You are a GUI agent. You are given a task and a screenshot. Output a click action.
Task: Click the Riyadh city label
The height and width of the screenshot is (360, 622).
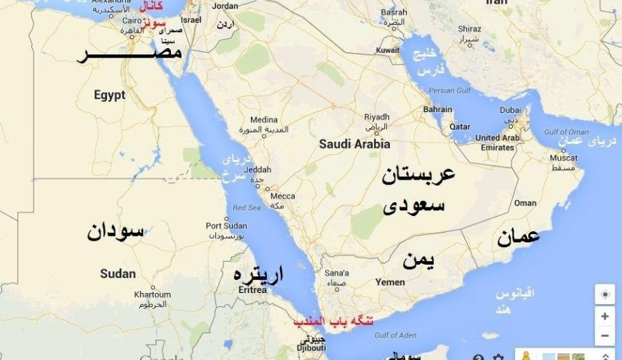pyautogui.click(x=377, y=116)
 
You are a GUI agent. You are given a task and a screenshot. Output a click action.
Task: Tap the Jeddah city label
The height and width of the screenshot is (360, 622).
pyautogui.click(x=259, y=169)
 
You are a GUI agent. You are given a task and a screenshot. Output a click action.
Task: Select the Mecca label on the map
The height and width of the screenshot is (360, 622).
pyautogui.click(x=282, y=196)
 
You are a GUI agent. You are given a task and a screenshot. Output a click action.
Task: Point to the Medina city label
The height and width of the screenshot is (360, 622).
pyautogui.click(x=263, y=119)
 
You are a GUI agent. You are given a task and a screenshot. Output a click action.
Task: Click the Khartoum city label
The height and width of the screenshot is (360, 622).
pyautogui.click(x=152, y=295)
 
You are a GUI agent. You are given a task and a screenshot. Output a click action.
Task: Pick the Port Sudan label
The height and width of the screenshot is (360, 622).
pyautogui.click(x=226, y=225)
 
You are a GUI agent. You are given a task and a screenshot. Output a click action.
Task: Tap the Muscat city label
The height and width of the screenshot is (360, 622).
pyautogui.click(x=564, y=157)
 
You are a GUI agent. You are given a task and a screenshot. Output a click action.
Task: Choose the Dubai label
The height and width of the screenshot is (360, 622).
pyautogui.click(x=509, y=111)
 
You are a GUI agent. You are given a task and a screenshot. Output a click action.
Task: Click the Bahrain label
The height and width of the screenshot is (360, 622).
pyautogui.click(x=437, y=110)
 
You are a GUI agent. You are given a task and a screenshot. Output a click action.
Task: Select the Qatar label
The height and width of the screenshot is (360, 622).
pyautogui.click(x=460, y=126)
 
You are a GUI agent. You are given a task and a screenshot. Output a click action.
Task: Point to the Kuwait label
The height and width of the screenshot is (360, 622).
pyautogui.click(x=388, y=50)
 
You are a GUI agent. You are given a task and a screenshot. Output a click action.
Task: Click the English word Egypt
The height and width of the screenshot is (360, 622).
pyautogui.click(x=109, y=95)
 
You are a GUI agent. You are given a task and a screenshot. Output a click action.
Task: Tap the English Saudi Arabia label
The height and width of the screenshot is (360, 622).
pyautogui.click(x=354, y=144)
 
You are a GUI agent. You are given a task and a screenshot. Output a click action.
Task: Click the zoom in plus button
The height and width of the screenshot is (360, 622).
pyautogui.click(x=605, y=317)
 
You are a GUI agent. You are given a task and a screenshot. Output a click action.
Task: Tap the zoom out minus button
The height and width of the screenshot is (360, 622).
pyautogui.click(x=605, y=336)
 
